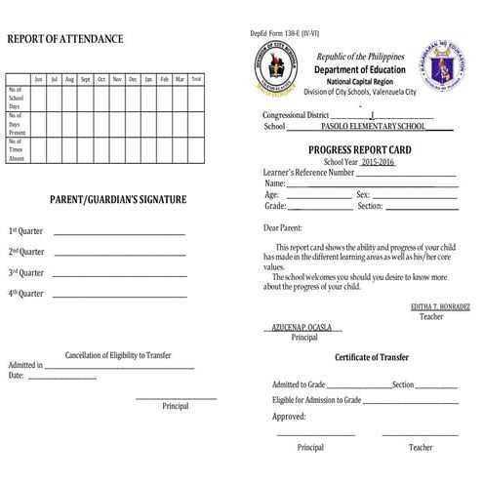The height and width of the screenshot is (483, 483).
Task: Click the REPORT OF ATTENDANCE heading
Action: click(65, 39)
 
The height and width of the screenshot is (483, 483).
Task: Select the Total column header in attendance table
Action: click(196, 78)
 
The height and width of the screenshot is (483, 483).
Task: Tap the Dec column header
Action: click(133, 78)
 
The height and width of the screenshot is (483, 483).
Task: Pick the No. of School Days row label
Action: click(17, 98)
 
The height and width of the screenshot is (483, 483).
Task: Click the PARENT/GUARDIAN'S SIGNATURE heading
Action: click(118, 200)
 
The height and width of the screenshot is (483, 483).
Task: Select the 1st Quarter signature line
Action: click(118, 234)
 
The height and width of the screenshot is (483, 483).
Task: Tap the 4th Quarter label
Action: click(26, 293)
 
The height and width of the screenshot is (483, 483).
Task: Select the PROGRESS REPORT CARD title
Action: click(361, 150)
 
